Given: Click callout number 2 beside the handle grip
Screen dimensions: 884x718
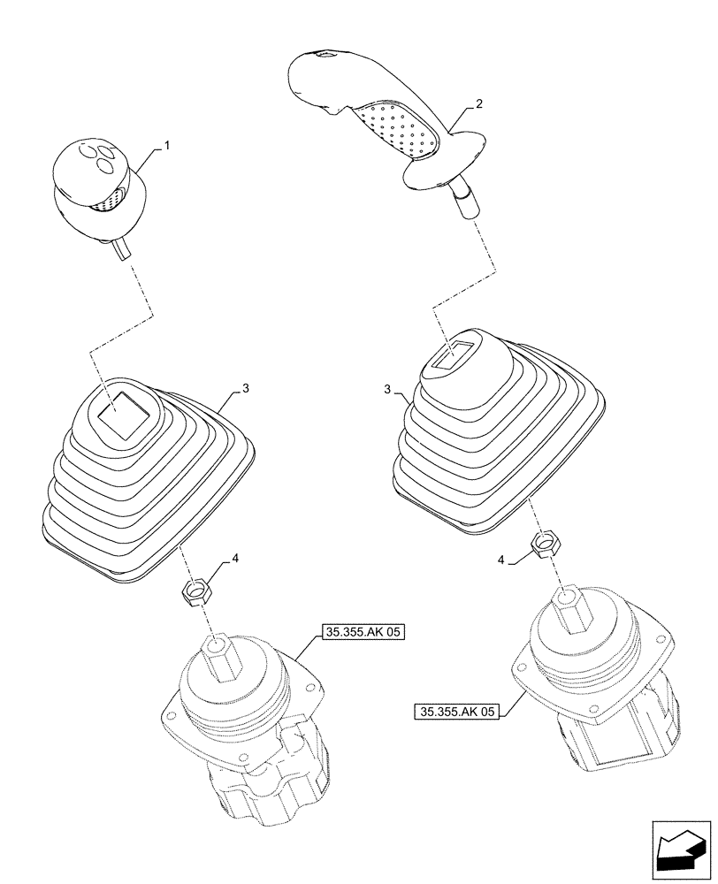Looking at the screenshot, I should [478, 105].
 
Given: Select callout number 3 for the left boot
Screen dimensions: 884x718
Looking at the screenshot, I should [245, 388].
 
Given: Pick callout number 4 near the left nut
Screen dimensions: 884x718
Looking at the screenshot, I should [235, 559].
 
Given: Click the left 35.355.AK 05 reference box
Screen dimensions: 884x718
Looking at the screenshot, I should [362, 632].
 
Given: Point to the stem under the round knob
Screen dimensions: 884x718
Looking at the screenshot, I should [122, 249].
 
